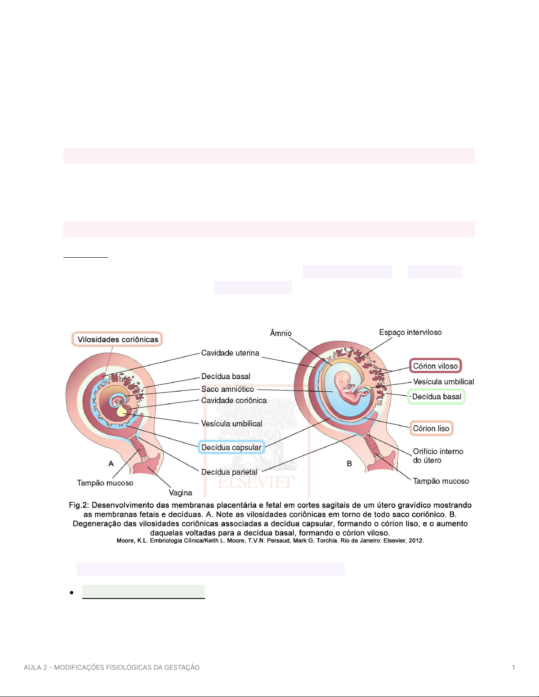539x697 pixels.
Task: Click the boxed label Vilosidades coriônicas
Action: pos(117,339)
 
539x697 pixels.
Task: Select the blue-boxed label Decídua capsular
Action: pos(231,447)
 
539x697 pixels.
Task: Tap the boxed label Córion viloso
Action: pos(435,366)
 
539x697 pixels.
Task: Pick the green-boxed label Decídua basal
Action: pos(436,397)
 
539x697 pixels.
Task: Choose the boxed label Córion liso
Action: pos(431,428)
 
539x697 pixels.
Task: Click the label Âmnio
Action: pos(281,333)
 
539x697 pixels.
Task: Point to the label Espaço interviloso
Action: pos(411,332)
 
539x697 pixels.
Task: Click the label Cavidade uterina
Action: pos(230,353)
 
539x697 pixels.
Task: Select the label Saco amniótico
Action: pos(227,389)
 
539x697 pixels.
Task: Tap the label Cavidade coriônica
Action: pos(234,400)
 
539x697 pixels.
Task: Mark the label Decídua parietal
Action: pos(229,472)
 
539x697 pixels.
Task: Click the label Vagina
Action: pos(180,493)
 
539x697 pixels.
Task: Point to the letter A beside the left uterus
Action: pos(111,463)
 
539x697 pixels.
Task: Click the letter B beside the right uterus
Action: pos(349,463)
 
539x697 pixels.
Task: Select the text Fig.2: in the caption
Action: pos(79,505)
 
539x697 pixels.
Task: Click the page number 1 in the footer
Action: pos(513,667)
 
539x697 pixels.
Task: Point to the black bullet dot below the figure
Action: pos(72,592)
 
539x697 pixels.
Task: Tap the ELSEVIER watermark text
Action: pos(256,482)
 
